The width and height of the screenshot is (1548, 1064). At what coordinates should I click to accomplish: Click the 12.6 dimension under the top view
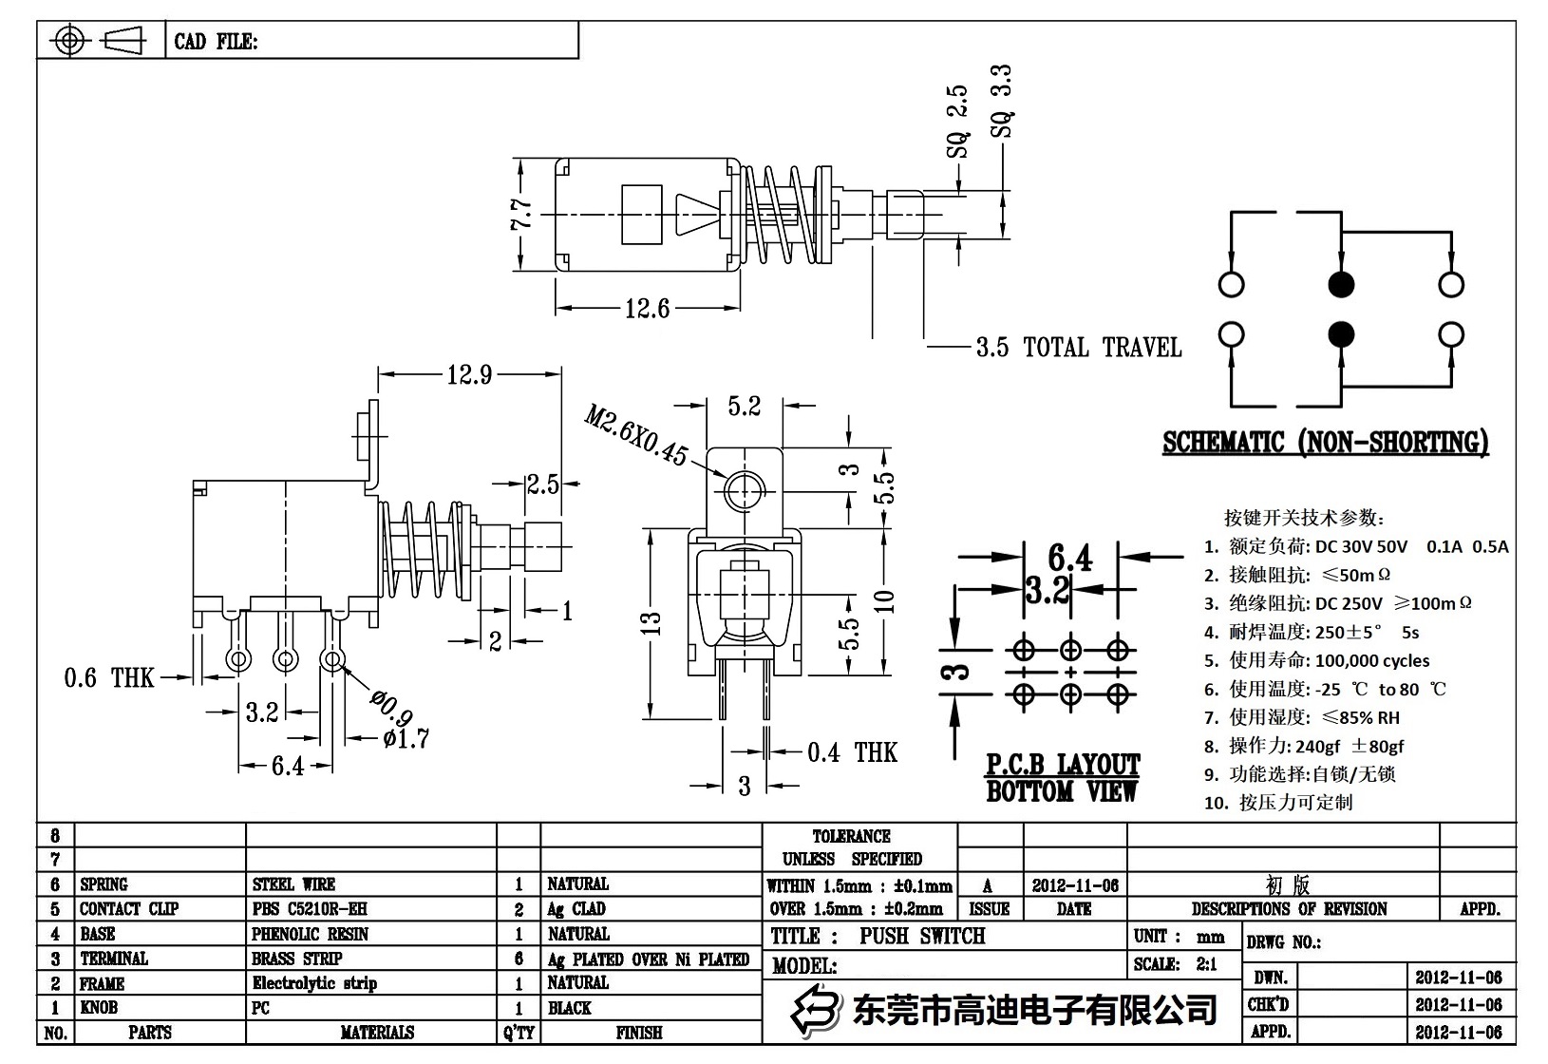tap(647, 309)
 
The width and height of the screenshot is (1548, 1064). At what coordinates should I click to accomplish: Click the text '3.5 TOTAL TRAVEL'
tap(1078, 348)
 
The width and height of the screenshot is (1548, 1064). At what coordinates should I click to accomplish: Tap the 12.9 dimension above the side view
tap(469, 375)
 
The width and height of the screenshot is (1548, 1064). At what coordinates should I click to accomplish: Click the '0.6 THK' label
tap(108, 678)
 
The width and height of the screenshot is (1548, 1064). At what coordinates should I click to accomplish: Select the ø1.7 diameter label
tap(406, 737)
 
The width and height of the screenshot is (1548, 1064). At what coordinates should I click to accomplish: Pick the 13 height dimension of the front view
tap(651, 623)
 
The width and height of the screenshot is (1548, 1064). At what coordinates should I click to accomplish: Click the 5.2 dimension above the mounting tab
tap(745, 407)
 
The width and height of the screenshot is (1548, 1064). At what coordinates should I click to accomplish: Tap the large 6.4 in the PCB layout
tap(1070, 558)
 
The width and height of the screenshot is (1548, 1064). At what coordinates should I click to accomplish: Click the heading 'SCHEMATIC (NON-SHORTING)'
tap(1326, 443)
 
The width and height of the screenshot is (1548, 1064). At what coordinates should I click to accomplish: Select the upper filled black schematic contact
tap(1340, 284)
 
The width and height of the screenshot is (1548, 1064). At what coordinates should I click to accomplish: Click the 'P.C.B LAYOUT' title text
tap(1062, 765)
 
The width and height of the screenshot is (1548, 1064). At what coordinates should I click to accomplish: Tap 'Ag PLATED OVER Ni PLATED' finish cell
tap(649, 959)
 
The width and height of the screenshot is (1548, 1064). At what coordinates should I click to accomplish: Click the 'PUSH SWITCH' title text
tap(922, 936)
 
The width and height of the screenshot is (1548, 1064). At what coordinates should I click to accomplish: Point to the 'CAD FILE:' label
tap(216, 42)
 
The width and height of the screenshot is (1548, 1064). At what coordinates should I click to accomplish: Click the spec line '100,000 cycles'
tap(1371, 660)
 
